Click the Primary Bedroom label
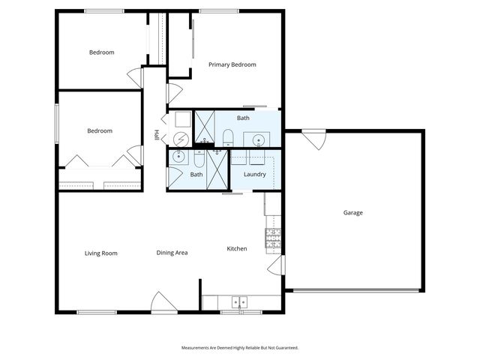[x=232, y=64]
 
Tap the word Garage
[x=353, y=213]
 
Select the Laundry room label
[x=255, y=175]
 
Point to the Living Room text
[x=100, y=253]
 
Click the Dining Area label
[x=172, y=253]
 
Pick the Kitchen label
[x=237, y=248]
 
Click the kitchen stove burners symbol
[x=272, y=238]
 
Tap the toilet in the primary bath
[x=227, y=136]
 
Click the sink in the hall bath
[x=179, y=157]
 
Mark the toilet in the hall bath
[x=199, y=158]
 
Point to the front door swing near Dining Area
[x=162, y=302]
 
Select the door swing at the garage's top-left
[x=314, y=139]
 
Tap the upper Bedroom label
[x=101, y=52]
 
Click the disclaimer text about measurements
[x=240, y=348]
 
